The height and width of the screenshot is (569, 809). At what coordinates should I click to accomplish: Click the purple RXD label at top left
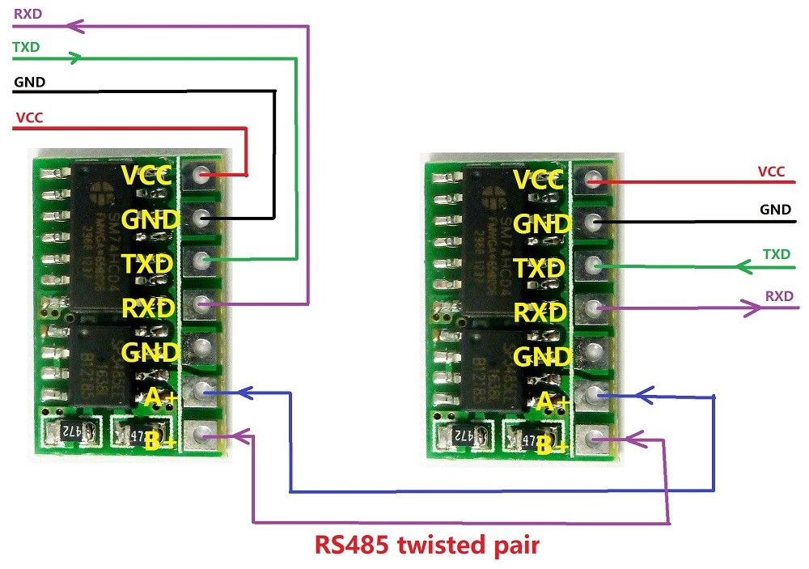coord(28,13)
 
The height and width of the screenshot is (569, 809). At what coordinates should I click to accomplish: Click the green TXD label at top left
coord(27,47)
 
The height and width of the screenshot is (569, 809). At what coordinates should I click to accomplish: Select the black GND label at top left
coord(29,82)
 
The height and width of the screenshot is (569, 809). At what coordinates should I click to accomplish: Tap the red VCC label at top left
coord(29,117)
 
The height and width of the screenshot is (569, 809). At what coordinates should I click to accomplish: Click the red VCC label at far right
coord(771,172)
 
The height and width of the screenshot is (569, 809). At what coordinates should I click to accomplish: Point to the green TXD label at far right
coord(777,254)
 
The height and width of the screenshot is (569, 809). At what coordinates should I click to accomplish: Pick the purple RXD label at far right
coord(779,296)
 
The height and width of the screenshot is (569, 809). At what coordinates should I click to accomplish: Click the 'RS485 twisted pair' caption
coord(426,545)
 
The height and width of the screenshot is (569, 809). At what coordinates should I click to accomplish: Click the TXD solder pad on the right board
coord(594,265)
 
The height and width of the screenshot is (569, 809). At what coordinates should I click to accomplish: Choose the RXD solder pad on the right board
coord(594,308)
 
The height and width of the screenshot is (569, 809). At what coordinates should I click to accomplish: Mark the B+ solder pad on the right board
coord(594,439)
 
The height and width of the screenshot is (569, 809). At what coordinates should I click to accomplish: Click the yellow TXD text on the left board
coord(146,264)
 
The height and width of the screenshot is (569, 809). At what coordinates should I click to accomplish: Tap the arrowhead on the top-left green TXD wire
coord(74,58)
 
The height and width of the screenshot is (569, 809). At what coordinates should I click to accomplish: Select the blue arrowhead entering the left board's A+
coord(244,393)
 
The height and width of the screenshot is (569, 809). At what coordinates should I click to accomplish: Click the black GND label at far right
coord(774,210)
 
